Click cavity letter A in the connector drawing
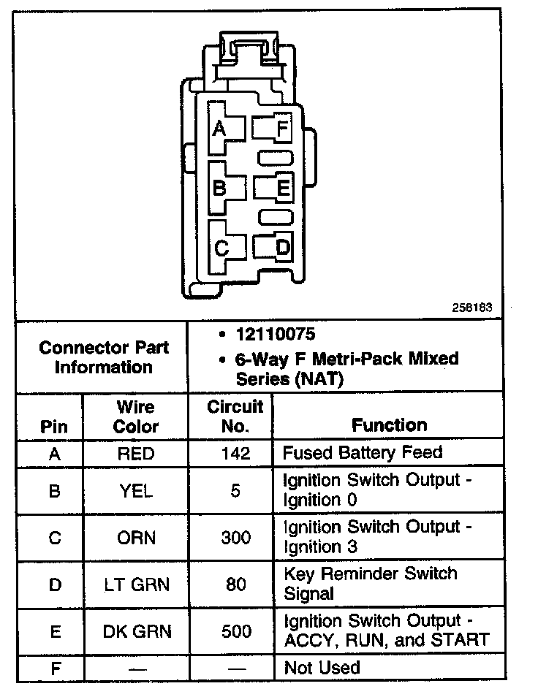tap(219, 129)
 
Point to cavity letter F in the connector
tap(282, 129)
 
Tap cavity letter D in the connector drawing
tap(282, 248)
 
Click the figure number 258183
tap(477, 308)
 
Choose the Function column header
tap(389, 424)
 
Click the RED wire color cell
tap(136, 454)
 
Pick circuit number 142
tap(235, 454)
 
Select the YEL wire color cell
tap(136, 492)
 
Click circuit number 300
tap(235, 538)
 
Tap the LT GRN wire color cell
tap(136, 584)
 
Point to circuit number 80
tap(235, 584)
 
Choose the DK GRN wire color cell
tap(136, 631)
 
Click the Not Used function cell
tap(322, 668)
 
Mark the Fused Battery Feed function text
tap(363, 452)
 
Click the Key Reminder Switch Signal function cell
tap(369, 583)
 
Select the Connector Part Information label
tap(103, 357)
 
